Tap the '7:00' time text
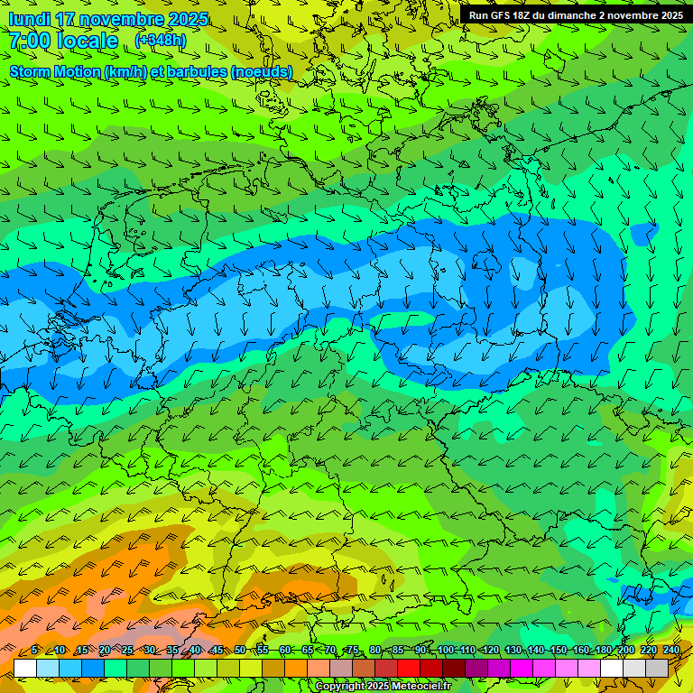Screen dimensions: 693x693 click(x=30, y=42)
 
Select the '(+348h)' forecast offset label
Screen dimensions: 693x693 click(x=162, y=41)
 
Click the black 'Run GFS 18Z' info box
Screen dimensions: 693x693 click(x=575, y=15)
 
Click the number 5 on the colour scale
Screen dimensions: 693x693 click(x=34, y=651)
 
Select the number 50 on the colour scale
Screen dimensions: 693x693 click(x=239, y=651)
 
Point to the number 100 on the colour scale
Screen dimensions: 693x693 click(x=446, y=651)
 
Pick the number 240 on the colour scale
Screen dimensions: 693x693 click(x=671, y=651)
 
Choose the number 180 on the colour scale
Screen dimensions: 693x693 click(x=602, y=651)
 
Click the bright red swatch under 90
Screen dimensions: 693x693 click(x=409, y=668)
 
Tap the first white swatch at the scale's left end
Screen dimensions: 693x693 click(x=25, y=668)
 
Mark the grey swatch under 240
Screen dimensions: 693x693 click(x=657, y=668)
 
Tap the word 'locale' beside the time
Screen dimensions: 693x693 click(x=88, y=42)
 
